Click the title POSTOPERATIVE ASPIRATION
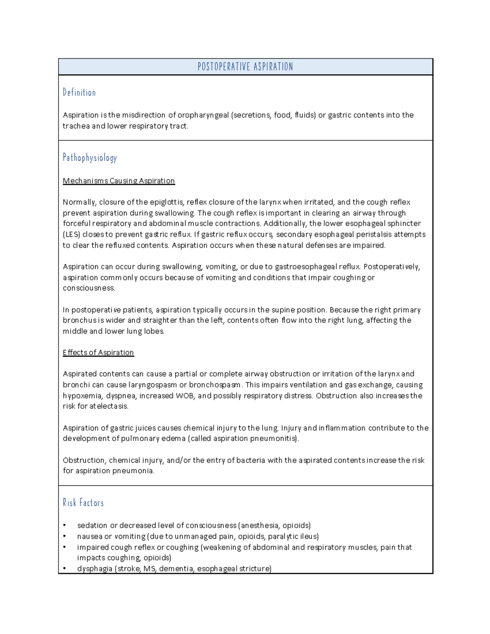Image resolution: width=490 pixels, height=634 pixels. pos(245,67)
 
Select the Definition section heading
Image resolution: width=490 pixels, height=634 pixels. pos(79,93)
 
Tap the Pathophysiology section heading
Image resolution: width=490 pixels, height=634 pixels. pos(90,158)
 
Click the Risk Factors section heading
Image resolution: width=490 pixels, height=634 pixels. pos(83,503)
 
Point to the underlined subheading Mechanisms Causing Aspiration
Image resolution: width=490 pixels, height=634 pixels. pos(118,181)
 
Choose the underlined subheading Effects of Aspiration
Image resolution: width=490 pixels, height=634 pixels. pos(98,352)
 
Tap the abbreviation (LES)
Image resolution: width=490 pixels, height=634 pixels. pos(71,234)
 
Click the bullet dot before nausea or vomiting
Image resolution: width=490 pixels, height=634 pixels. pos(65,536)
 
